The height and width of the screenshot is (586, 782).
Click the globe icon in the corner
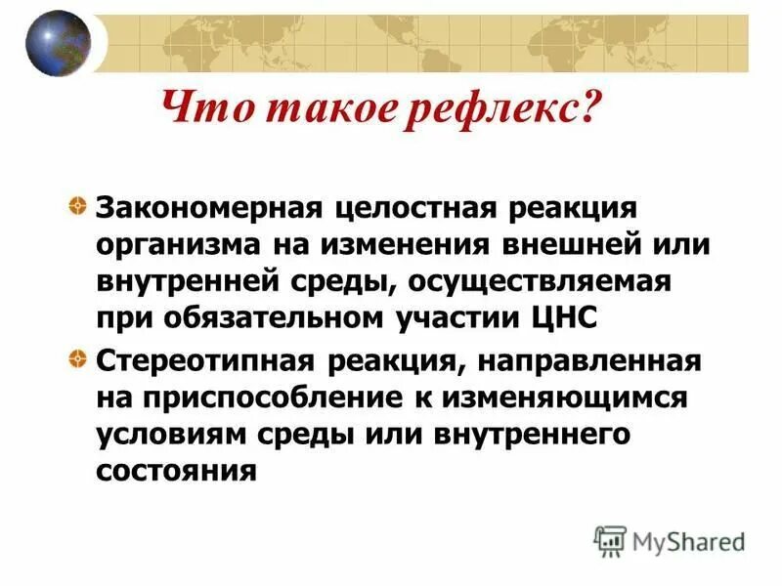click(x=58, y=43)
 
